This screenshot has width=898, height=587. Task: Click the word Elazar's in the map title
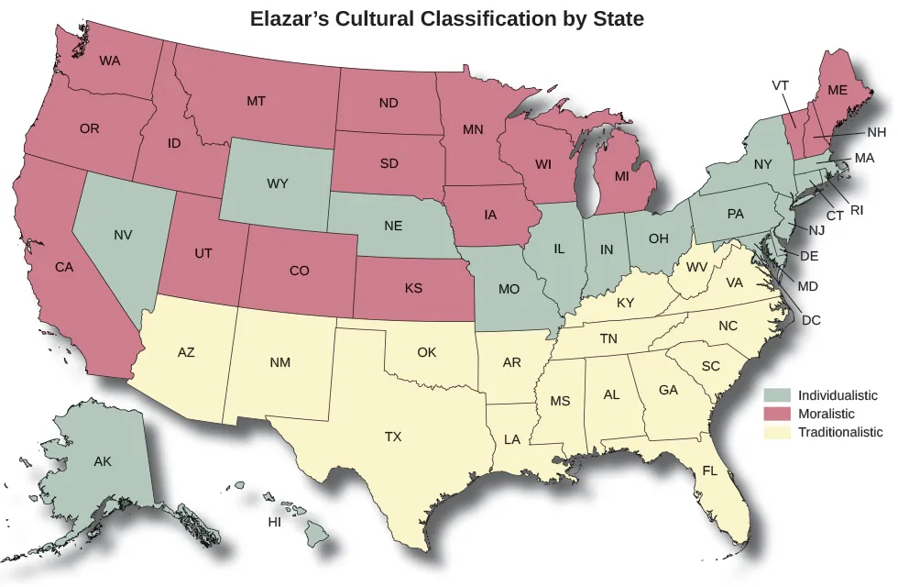click(291, 18)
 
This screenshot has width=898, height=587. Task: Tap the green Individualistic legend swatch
click(781, 395)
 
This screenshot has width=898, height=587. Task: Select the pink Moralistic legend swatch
click(781, 414)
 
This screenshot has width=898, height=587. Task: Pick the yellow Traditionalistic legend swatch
click(781, 432)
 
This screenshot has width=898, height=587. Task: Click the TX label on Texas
click(393, 437)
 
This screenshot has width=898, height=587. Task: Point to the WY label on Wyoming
click(278, 183)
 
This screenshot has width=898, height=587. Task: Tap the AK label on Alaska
click(103, 461)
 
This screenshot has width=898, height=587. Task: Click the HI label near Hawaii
click(274, 522)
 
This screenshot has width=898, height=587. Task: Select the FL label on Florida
click(710, 471)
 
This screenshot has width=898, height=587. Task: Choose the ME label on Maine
click(838, 90)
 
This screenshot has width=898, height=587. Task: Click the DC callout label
click(811, 320)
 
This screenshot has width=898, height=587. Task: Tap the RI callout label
click(857, 210)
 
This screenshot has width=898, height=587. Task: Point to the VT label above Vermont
click(781, 85)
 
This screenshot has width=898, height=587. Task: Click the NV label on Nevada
click(124, 235)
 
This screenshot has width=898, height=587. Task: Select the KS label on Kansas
click(413, 288)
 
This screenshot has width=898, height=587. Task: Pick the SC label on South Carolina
click(710, 366)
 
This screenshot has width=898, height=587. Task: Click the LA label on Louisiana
click(512, 439)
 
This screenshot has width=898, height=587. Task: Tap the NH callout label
click(876, 132)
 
